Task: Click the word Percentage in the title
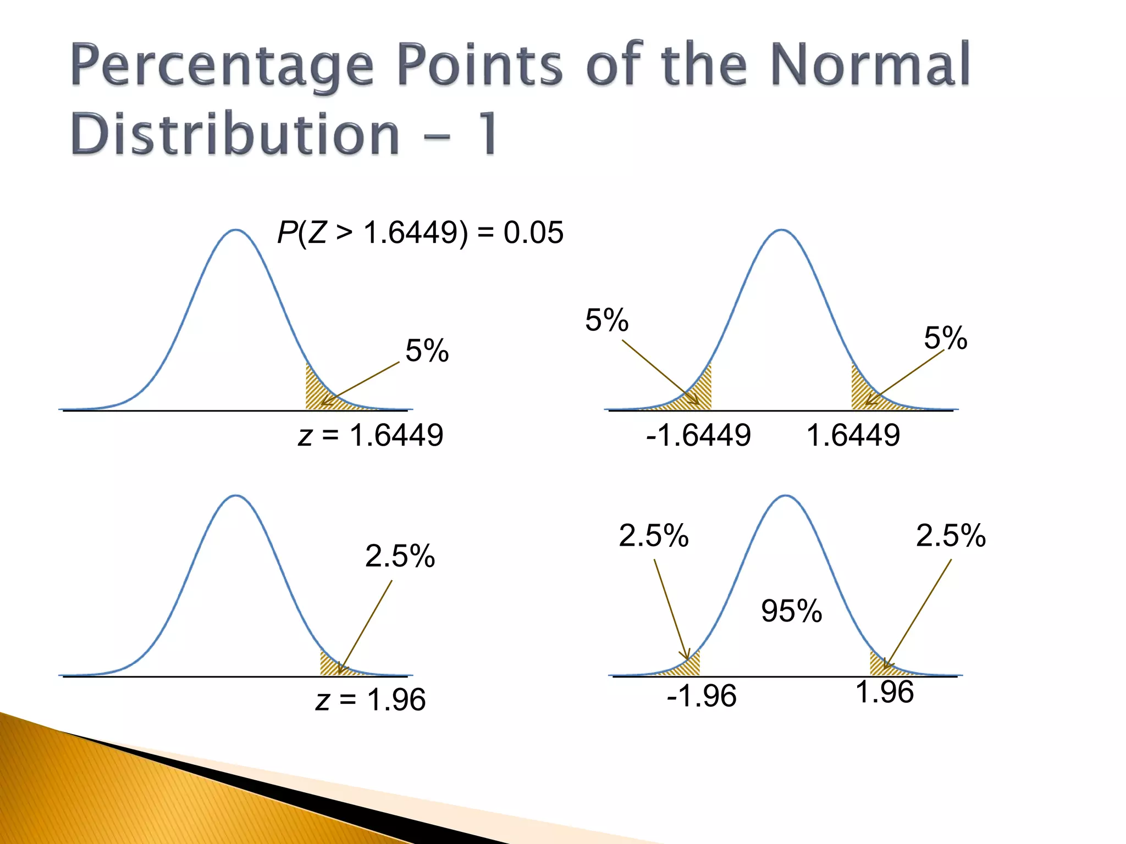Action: [222, 66]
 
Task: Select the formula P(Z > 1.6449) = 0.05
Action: [420, 232]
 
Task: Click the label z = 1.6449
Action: [371, 435]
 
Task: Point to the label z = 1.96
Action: [371, 700]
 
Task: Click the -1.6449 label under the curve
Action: [698, 435]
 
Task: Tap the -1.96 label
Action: [701, 696]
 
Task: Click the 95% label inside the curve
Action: [791, 610]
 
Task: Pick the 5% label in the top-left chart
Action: [427, 351]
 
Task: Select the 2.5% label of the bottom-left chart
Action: [400, 556]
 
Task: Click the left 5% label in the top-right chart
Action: [606, 320]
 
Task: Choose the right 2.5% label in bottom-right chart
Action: [951, 535]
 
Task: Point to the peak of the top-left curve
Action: [236, 230]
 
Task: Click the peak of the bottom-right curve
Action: [785, 496]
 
